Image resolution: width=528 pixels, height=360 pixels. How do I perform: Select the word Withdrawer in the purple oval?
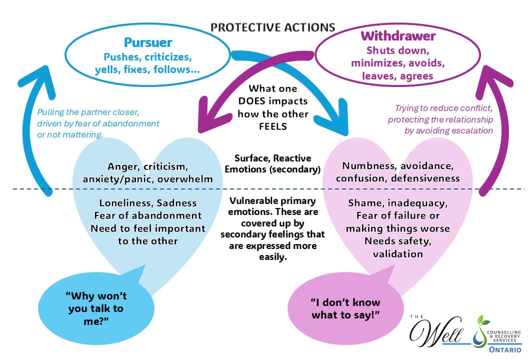tap(398, 36)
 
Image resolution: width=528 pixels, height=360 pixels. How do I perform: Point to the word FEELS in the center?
tap(272, 125)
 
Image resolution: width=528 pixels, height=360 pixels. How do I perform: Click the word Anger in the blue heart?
tap(122, 166)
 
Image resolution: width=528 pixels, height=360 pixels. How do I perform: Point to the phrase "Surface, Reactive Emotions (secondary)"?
tap(272, 163)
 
